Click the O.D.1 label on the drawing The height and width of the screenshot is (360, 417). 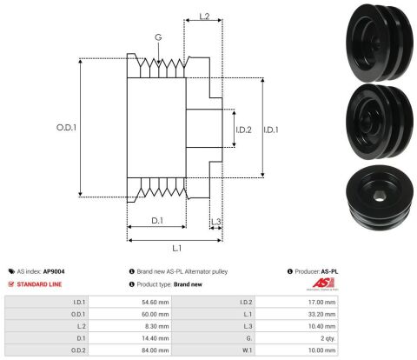pos(66,128)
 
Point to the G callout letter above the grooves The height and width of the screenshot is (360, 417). pos(158,37)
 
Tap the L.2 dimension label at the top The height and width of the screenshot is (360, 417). pos(204,17)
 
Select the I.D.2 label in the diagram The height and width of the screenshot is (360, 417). pos(243,130)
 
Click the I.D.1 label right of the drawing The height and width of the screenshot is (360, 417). pos(271,130)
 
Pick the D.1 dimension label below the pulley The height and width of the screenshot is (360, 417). pos(157,221)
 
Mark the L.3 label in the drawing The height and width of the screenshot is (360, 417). pos(216,222)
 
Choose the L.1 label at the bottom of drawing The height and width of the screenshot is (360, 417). pos(177,249)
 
